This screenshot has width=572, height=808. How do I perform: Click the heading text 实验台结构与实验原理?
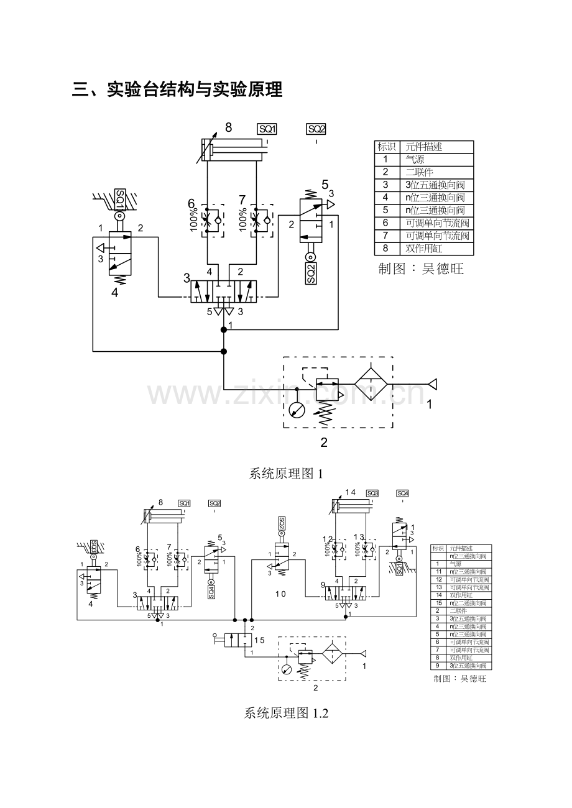tap(195, 90)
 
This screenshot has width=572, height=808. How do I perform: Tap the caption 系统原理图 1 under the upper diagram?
tap(286, 474)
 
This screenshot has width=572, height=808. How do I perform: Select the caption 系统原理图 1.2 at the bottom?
tap(286, 714)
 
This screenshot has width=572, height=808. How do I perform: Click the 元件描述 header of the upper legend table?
tap(423, 147)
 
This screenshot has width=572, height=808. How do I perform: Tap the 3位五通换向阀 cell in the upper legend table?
tap(435, 185)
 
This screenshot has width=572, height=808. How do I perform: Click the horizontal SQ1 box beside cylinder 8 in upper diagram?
tap(267, 129)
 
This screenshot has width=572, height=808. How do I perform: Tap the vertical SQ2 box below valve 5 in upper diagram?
tap(311, 273)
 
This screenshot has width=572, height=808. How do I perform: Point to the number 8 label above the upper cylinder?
tap(228, 127)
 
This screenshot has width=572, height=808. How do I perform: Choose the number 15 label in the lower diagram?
tap(259, 640)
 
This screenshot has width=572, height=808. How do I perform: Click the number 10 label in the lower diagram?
tap(280, 594)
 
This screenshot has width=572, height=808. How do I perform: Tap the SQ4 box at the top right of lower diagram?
tap(403, 494)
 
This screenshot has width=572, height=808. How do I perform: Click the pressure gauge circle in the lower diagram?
tap(285, 670)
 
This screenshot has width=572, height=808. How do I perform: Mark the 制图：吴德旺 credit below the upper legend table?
tap(421, 269)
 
